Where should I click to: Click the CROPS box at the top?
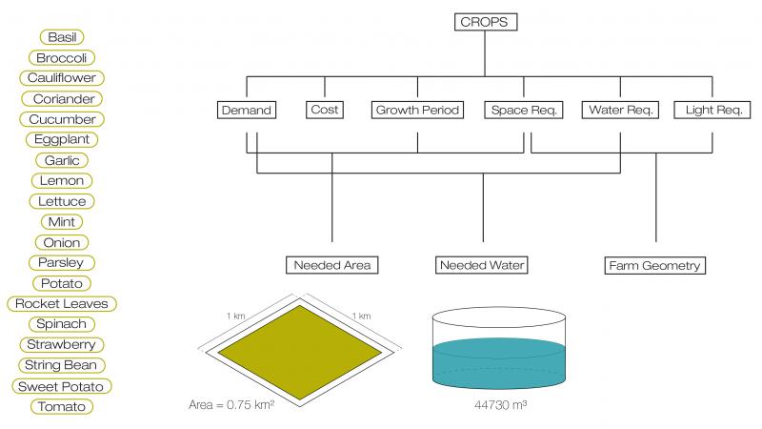[486, 22]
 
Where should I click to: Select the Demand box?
[247, 110]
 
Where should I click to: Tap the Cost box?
[325, 110]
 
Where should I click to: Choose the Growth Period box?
[417, 110]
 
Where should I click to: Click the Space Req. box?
[523, 110]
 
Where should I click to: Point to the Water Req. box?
[621, 110]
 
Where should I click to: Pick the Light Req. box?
[712, 110]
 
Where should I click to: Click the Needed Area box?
[331, 265]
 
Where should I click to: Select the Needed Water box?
[482, 265]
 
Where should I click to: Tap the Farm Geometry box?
[654, 266]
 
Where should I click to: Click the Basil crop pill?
[62, 37]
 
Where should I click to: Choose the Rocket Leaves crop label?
[62, 303]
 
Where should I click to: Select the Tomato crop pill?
[62, 407]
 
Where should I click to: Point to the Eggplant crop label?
[62, 139]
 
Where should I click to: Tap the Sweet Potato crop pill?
[62, 386]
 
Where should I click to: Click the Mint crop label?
[62, 222]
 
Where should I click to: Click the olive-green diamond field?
[300, 353]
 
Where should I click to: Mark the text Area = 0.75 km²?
[231, 404]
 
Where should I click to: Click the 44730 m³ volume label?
[501, 404]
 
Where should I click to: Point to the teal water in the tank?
[499, 363]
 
